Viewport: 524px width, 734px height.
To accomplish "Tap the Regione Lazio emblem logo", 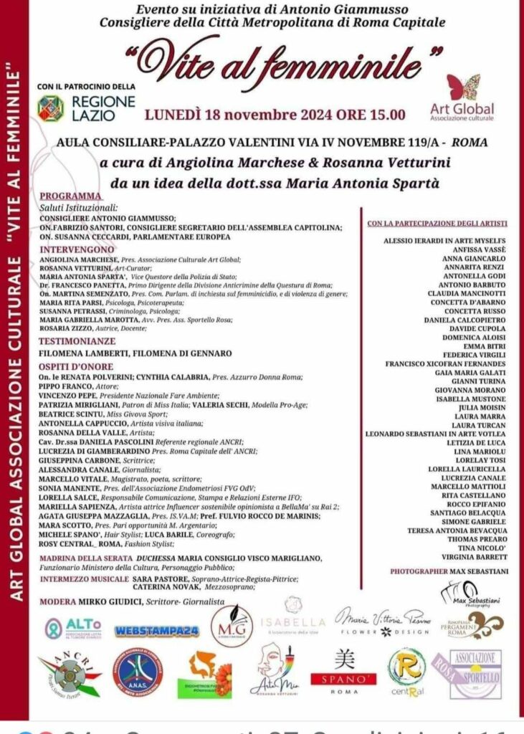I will tap(51, 108).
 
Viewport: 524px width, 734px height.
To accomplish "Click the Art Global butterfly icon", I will tap(463, 87).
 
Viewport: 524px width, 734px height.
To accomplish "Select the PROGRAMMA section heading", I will tap(71, 196).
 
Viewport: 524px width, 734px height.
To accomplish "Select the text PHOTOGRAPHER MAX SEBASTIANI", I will tap(449, 571).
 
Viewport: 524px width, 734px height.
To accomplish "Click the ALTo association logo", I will tap(75, 629).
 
